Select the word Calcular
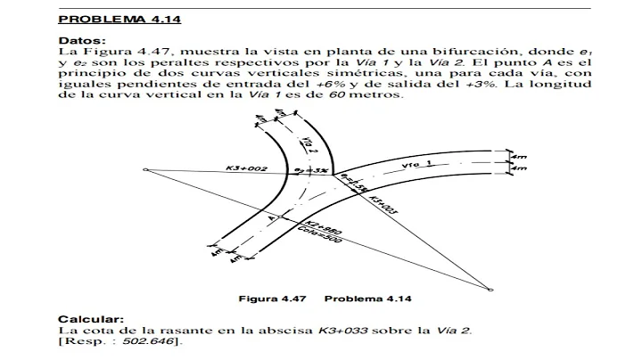86,318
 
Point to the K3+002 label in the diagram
246,167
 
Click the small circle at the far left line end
145,168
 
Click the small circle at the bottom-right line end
490,288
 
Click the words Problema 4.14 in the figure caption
367,299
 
